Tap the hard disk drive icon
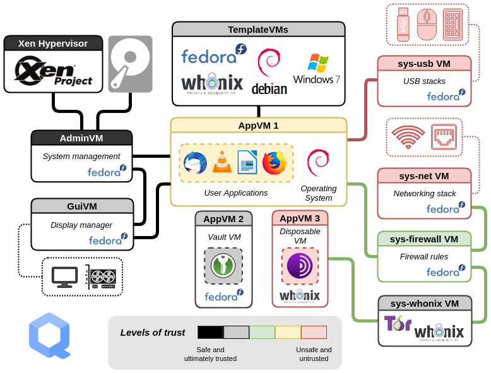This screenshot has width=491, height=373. click(129, 61)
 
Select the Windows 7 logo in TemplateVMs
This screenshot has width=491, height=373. click(317, 69)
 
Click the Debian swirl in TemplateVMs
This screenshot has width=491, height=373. click(269, 71)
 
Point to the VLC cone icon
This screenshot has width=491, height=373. click(221, 163)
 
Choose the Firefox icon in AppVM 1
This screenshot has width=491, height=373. click(274, 163)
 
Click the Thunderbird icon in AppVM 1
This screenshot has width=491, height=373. click(195, 163)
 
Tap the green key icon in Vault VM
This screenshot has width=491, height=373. click(223, 266)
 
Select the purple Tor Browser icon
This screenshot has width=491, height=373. click(300, 266)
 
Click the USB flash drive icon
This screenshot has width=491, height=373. click(404, 25)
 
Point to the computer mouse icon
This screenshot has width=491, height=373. click(427, 25)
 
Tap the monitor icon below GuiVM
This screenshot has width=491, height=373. click(64, 276)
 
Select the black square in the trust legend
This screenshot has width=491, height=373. click(210, 333)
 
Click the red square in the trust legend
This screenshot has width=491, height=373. click(314, 333)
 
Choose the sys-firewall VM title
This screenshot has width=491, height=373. click(424, 239)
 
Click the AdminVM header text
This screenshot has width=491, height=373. click(81, 138)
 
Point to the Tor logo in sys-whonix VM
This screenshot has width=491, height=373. click(398, 324)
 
